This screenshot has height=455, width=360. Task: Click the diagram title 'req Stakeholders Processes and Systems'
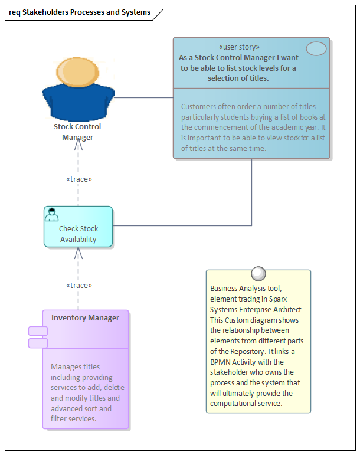[x=80, y=12]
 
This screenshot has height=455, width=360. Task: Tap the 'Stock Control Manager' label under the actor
[x=77, y=132]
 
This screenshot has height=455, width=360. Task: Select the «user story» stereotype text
[x=238, y=47]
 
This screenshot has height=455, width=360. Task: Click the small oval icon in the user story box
[x=316, y=49]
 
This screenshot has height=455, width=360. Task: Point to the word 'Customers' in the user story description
[x=199, y=107]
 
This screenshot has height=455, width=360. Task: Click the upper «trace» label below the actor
[x=78, y=179]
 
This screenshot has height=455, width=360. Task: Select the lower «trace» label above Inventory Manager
[x=78, y=286]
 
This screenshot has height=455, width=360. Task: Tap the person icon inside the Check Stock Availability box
[x=52, y=215]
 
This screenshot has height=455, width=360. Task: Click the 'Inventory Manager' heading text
[x=85, y=318]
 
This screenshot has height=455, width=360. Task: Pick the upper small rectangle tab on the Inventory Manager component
[x=38, y=331]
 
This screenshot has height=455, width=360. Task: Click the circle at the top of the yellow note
[x=258, y=273]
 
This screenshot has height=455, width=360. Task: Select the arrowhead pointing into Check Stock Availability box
[x=78, y=253]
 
